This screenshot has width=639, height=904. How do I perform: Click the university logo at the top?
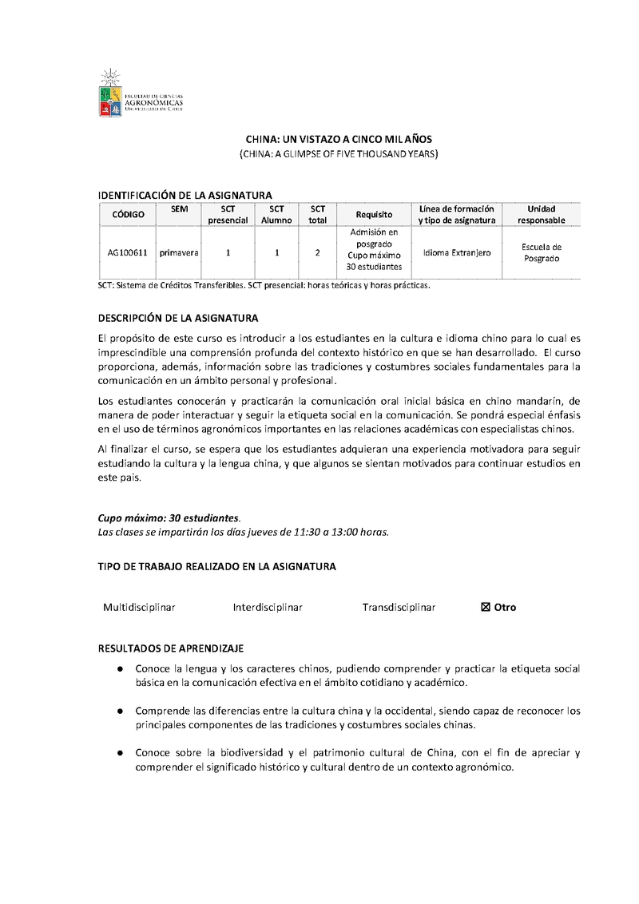click(141, 93)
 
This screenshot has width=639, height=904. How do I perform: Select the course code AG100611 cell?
click(128, 253)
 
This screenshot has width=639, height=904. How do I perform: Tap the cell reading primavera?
click(179, 253)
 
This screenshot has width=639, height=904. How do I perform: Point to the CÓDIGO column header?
click(128, 214)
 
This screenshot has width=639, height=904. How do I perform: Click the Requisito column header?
click(374, 214)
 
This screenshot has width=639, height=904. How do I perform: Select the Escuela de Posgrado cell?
click(541, 253)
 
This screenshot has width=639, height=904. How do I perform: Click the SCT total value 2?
click(317, 253)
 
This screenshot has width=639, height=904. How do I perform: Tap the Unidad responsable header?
click(541, 214)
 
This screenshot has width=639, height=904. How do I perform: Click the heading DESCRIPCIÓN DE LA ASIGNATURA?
click(178, 318)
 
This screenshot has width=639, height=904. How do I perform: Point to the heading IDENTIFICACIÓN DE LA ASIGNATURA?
click(185, 195)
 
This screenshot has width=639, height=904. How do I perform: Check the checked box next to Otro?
click(485, 608)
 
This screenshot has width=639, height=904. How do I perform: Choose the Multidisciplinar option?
click(139, 608)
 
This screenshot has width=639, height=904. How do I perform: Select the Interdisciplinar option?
click(268, 608)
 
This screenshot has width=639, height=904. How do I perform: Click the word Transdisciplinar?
click(399, 608)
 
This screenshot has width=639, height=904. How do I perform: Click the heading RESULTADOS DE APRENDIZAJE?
click(171, 648)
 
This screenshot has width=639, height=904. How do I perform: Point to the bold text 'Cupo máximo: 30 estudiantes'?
click(168, 518)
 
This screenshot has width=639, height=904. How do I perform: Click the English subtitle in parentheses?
click(339, 153)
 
